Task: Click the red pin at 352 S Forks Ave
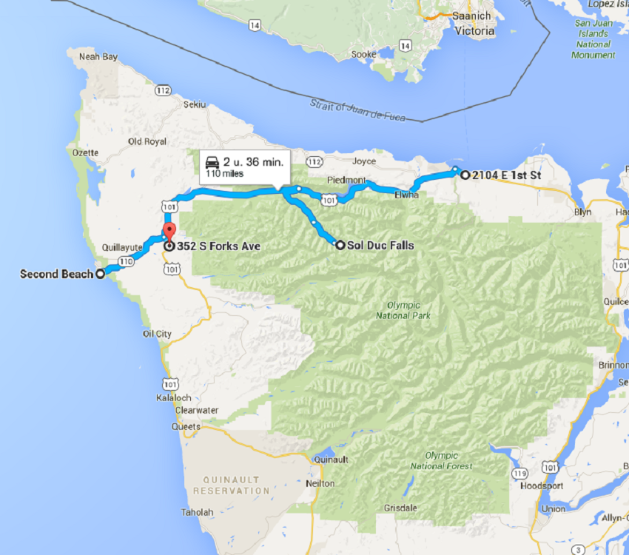168,230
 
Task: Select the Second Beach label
56,274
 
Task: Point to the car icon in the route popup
211,162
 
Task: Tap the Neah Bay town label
98,56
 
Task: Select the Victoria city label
475,31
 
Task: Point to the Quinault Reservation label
232,483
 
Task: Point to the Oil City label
158,334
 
